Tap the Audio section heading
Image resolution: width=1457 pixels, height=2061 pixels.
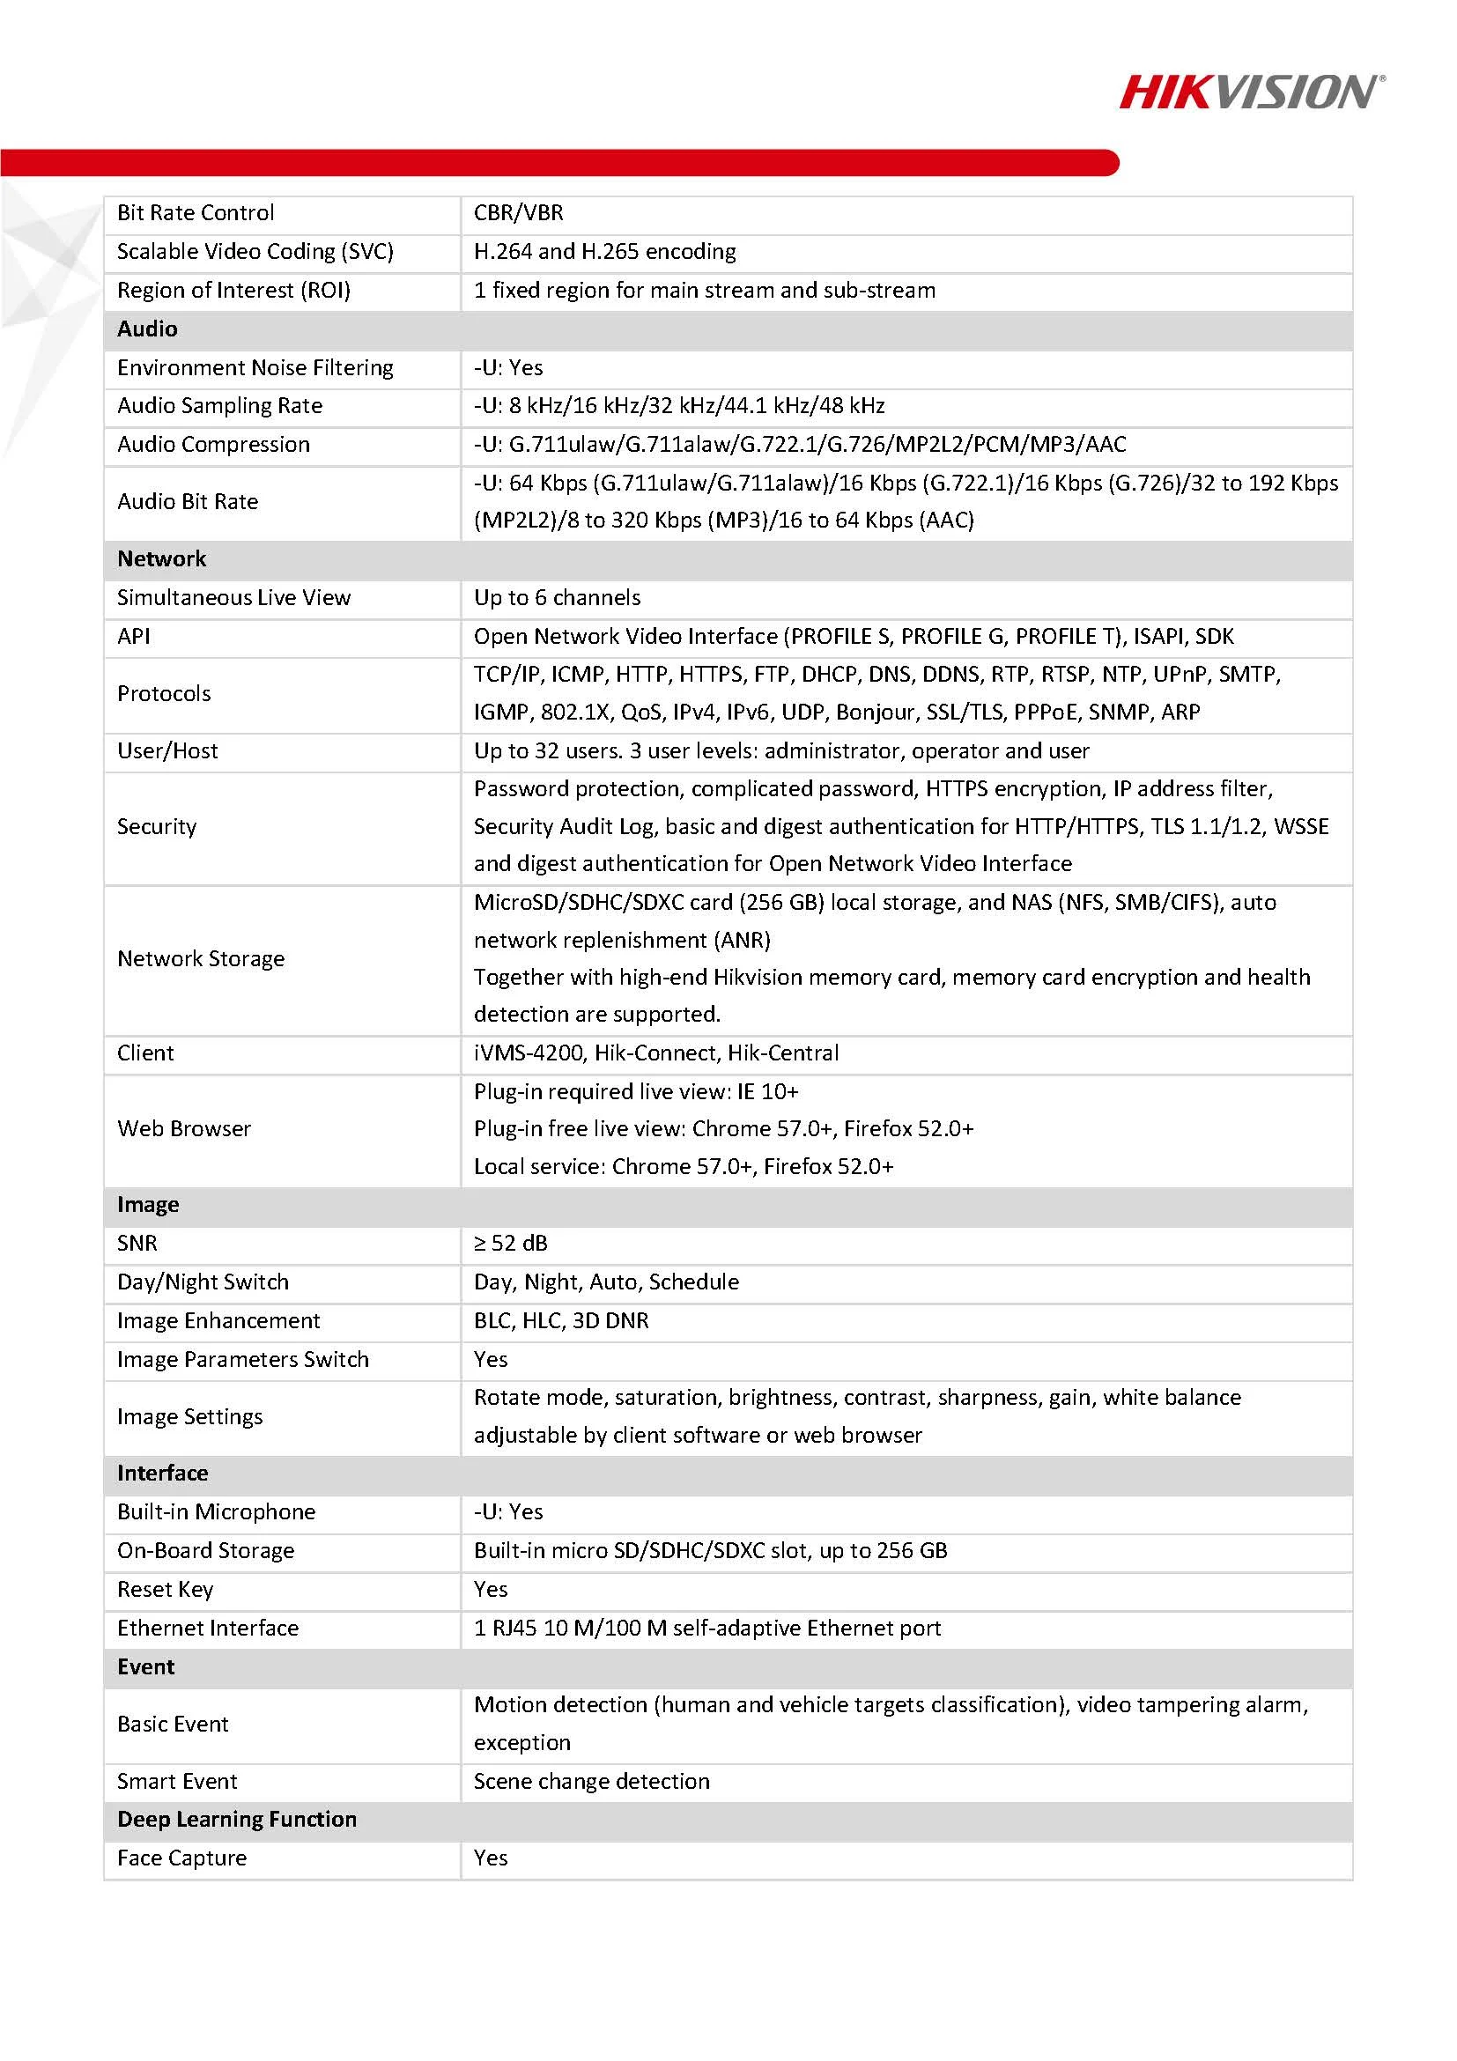147,329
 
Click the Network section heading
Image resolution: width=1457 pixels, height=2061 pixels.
161,559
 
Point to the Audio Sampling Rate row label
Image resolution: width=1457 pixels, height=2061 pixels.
220,406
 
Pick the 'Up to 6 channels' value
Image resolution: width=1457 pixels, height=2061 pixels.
558,598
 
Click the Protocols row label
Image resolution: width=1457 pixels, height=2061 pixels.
164,694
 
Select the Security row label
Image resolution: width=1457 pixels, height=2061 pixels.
157,827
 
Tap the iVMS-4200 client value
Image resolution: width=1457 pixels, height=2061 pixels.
656,1053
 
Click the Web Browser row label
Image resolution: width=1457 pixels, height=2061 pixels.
184,1128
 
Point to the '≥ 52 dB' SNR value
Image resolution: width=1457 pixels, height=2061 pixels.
511,1244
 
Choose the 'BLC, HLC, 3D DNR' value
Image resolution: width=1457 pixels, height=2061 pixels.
561,1320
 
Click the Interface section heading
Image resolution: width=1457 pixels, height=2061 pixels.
162,1473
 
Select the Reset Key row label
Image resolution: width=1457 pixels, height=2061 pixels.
166,1590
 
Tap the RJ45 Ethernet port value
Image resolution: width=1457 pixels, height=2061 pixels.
707,1629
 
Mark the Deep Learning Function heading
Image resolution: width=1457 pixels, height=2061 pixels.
237,1820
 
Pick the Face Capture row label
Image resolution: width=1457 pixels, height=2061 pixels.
182,1858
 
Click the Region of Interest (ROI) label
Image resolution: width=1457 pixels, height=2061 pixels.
233,291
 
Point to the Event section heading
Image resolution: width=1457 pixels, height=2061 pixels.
146,1667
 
